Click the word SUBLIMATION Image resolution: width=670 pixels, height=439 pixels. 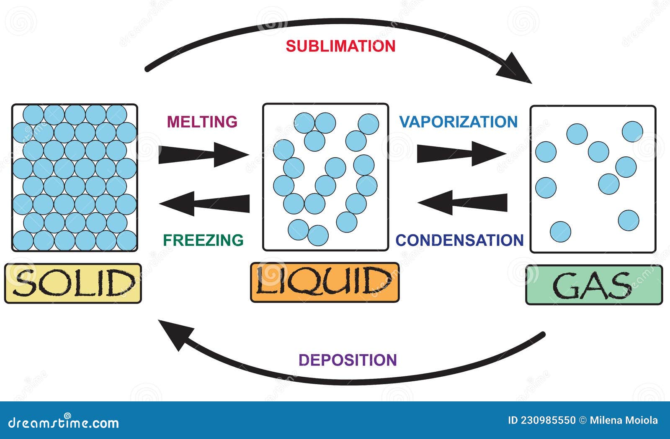(x=340, y=46)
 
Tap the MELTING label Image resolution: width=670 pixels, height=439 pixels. (x=202, y=122)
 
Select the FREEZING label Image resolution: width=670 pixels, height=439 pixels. (x=203, y=240)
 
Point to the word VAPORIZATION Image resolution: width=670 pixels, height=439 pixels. (x=459, y=122)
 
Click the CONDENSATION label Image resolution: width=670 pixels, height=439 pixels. (x=460, y=240)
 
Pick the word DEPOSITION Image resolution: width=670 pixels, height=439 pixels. (x=348, y=360)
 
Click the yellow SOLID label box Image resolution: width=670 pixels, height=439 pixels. (x=73, y=283)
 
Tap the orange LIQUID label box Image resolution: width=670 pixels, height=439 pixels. (x=325, y=282)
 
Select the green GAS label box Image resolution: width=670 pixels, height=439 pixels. (x=594, y=285)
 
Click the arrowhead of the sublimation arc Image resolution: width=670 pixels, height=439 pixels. (x=516, y=69)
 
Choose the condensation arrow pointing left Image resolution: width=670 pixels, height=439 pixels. (x=463, y=203)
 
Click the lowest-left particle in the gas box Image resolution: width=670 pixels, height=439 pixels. (x=560, y=232)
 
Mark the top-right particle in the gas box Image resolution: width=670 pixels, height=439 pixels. (x=632, y=132)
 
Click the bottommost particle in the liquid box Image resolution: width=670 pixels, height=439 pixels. (x=318, y=235)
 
